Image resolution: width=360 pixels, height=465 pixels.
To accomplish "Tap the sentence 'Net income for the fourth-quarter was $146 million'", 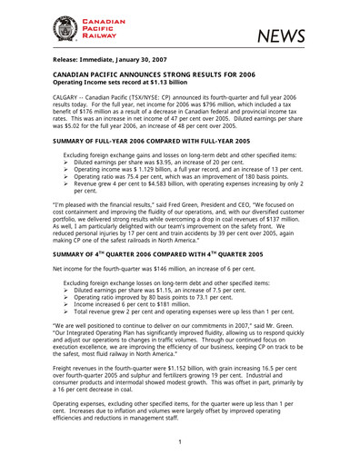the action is point(145,271).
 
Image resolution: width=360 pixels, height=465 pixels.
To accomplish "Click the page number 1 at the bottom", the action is point(180,442).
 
